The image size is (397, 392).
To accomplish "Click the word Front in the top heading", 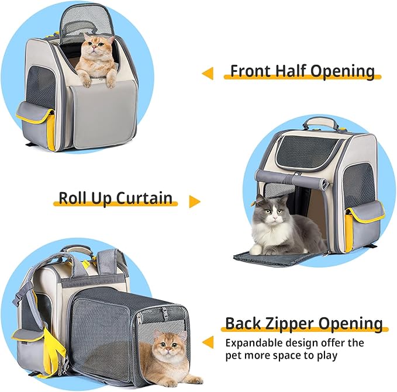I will click(251, 71).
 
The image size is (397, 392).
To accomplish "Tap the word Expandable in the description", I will click(255, 342).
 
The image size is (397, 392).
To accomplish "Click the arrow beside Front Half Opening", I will click(207, 73).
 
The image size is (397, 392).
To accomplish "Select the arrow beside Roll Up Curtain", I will click(194, 202).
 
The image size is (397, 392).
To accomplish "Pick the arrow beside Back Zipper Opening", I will click(207, 341).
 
